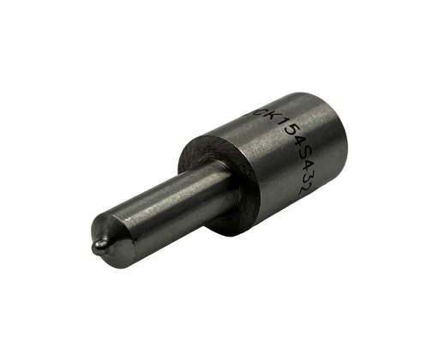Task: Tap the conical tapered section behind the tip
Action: pos(117,234)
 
